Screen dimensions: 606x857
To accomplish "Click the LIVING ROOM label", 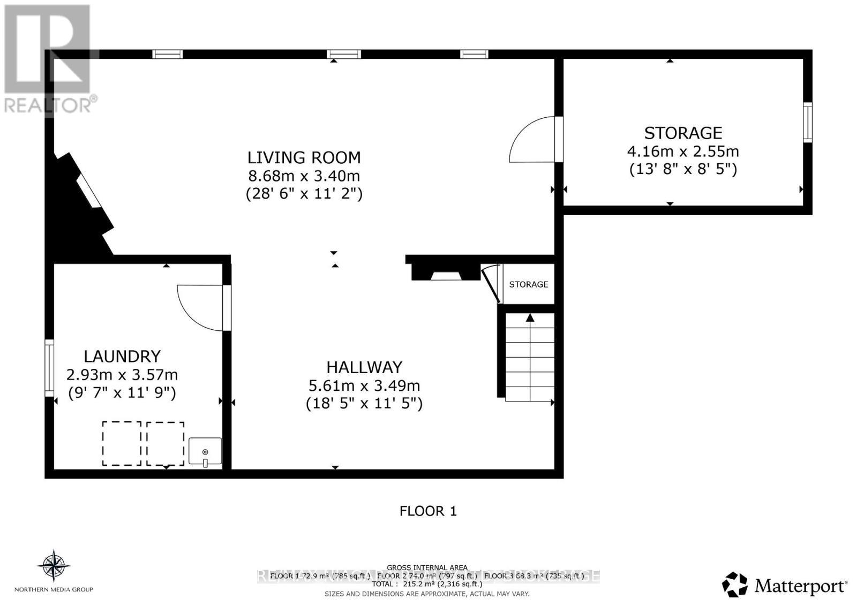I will [304, 157].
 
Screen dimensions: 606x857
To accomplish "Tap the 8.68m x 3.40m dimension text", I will [304, 176].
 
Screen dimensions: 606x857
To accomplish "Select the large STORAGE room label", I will [683, 133].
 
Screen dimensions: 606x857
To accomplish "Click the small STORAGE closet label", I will [528, 284].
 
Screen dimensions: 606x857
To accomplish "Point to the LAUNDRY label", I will [122, 357].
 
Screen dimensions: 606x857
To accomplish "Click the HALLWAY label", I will [364, 367].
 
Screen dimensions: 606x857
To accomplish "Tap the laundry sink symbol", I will [205, 451].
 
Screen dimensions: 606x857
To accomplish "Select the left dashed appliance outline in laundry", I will [122, 443].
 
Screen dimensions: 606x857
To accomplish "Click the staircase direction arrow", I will [530, 318].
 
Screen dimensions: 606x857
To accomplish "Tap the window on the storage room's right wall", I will [807, 122].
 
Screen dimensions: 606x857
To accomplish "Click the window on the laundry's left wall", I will [49, 368].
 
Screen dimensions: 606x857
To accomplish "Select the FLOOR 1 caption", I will [428, 511].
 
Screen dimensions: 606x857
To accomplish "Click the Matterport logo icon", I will [734, 585].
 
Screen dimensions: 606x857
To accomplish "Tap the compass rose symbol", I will [54, 565].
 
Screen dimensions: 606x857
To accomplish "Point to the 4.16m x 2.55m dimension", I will [683, 151].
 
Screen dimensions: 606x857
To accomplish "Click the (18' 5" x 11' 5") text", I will [364, 403].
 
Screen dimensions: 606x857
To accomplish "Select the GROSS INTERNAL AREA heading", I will [427, 567].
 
